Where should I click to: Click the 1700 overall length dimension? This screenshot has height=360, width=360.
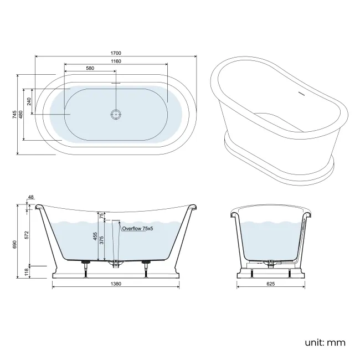point(115,53)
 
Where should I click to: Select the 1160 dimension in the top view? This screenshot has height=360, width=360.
point(115,60)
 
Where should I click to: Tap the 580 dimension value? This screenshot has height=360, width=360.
point(90,68)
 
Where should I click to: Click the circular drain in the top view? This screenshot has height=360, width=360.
point(116,114)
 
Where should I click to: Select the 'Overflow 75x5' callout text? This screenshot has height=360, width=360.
point(137,228)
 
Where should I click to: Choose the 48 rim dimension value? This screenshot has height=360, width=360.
point(30,197)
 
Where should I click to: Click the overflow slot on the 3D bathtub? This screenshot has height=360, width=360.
point(302,93)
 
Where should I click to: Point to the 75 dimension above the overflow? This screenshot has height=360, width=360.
point(102,217)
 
